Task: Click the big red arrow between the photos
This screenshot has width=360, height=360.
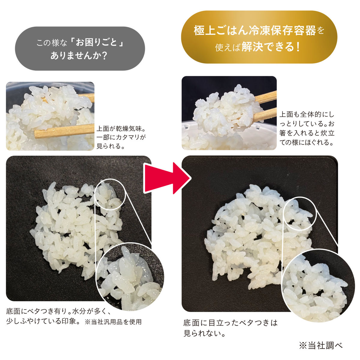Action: pyautogui.click(x=167, y=178)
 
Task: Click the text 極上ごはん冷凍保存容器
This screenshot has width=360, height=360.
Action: pyautogui.click(x=255, y=31)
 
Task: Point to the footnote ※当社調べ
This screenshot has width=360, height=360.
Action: pyautogui.click(x=321, y=345)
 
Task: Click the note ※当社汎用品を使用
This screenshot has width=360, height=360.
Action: pyautogui.click(x=113, y=322)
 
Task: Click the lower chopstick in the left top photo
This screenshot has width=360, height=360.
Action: pyautogui.click(x=64, y=131)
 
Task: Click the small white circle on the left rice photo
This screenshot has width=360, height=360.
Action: pyautogui.click(x=110, y=194)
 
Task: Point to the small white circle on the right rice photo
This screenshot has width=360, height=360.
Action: pyautogui.click(x=300, y=213)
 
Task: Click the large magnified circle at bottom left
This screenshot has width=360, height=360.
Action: pyautogui.click(x=130, y=277)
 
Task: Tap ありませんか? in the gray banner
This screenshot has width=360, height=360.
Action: pyautogui.click(x=79, y=55)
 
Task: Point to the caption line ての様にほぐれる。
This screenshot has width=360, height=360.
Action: pyautogui.click(x=307, y=142)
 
